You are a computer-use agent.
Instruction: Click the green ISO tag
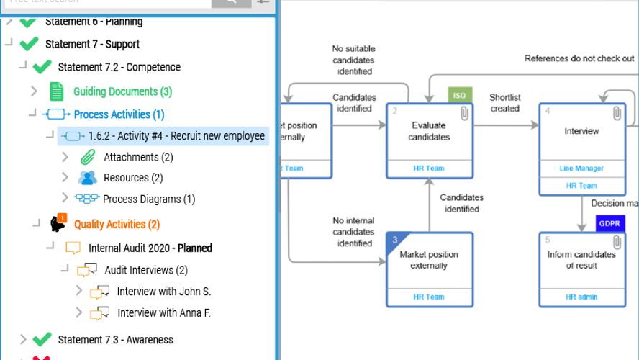(459, 95)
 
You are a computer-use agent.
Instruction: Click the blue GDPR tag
(609, 224)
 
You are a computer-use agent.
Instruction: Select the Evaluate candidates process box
(430, 132)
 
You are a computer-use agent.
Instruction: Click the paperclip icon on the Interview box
(617, 113)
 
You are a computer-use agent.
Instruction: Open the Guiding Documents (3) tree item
(122, 91)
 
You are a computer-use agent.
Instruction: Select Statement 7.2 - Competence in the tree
(119, 67)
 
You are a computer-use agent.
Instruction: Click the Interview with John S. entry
(163, 292)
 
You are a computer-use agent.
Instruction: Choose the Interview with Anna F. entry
(163, 313)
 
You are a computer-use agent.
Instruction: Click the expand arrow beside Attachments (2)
(65, 157)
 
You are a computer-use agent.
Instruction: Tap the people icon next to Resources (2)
(88, 178)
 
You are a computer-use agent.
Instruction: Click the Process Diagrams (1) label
(148, 199)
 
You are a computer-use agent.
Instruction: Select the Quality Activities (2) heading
(117, 225)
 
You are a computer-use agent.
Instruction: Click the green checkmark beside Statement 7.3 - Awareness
(42, 339)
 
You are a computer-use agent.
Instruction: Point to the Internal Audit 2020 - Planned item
(150, 248)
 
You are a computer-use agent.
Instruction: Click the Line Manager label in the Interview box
(581, 168)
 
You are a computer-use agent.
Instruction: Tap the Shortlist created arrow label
(504, 103)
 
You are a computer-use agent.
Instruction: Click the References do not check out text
(579, 58)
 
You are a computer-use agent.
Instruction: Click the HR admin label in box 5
(581, 297)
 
